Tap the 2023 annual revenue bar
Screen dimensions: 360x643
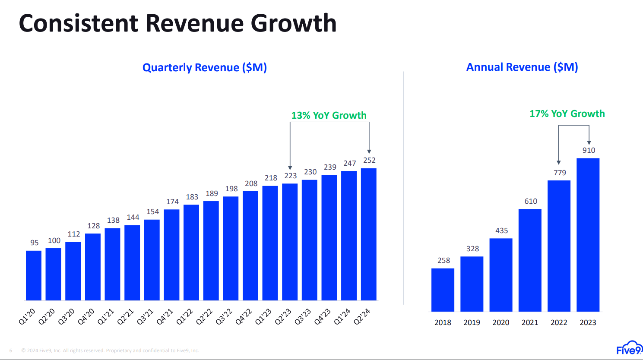tap(588, 235)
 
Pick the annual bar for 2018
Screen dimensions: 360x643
tap(443, 290)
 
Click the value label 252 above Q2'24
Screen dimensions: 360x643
tap(369, 160)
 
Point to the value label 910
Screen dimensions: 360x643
tap(589, 150)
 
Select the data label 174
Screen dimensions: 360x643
tap(172, 202)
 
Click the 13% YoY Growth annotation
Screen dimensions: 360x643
tap(329, 115)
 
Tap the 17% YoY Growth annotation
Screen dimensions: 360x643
tap(567, 114)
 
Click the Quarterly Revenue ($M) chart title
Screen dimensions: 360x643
tap(205, 67)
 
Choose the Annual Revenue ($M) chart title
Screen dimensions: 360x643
tap(522, 67)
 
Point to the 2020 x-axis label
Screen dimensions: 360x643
tap(501, 322)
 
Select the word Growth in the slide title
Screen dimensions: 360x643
tap(294, 23)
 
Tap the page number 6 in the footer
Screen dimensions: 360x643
tap(11, 351)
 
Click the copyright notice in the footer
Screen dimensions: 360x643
tap(110, 351)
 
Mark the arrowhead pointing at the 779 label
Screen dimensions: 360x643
tap(559, 162)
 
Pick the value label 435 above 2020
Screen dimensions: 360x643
tap(501, 231)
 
